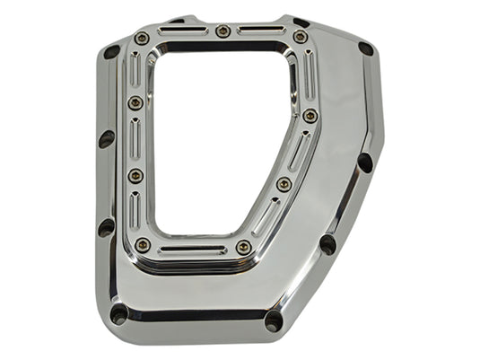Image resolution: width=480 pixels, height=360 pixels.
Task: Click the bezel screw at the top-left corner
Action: (x=143, y=38)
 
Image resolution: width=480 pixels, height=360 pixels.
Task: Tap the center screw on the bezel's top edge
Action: (x=223, y=31)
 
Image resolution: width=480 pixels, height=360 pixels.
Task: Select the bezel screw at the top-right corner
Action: (x=300, y=37)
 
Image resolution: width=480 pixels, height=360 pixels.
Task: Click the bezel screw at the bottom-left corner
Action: (x=143, y=244)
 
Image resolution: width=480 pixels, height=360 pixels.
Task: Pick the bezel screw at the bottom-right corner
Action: (x=244, y=247)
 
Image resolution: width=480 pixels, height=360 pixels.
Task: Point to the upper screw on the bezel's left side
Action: (x=135, y=102)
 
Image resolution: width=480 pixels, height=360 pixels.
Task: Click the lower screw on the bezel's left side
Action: (x=135, y=175)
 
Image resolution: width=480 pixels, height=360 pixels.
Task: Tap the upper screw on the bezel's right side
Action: (x=310, y=115)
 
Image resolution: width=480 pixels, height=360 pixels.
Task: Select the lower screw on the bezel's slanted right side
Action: (x=284, y=184)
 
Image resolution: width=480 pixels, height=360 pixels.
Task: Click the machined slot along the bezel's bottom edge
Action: (x=193, y=249)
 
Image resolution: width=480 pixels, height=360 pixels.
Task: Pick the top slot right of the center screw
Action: (x=262, y=31)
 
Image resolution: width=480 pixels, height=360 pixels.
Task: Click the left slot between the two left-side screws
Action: (x=135, y=139)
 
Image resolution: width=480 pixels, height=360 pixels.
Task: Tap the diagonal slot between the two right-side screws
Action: (x=298, y=149)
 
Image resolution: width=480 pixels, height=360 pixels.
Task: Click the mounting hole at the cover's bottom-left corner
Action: (x=118, y=313)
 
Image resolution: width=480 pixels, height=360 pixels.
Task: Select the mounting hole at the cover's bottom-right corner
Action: (x=274, y=320)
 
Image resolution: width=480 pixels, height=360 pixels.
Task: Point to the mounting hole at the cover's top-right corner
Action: (x=365, y=48)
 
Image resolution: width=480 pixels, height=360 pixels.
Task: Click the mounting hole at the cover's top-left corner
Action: (x=112, y=52)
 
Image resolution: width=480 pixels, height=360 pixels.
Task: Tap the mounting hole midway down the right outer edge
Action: (x=364, y=163)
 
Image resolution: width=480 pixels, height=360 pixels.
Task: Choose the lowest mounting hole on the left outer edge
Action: (x=107, y=226)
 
